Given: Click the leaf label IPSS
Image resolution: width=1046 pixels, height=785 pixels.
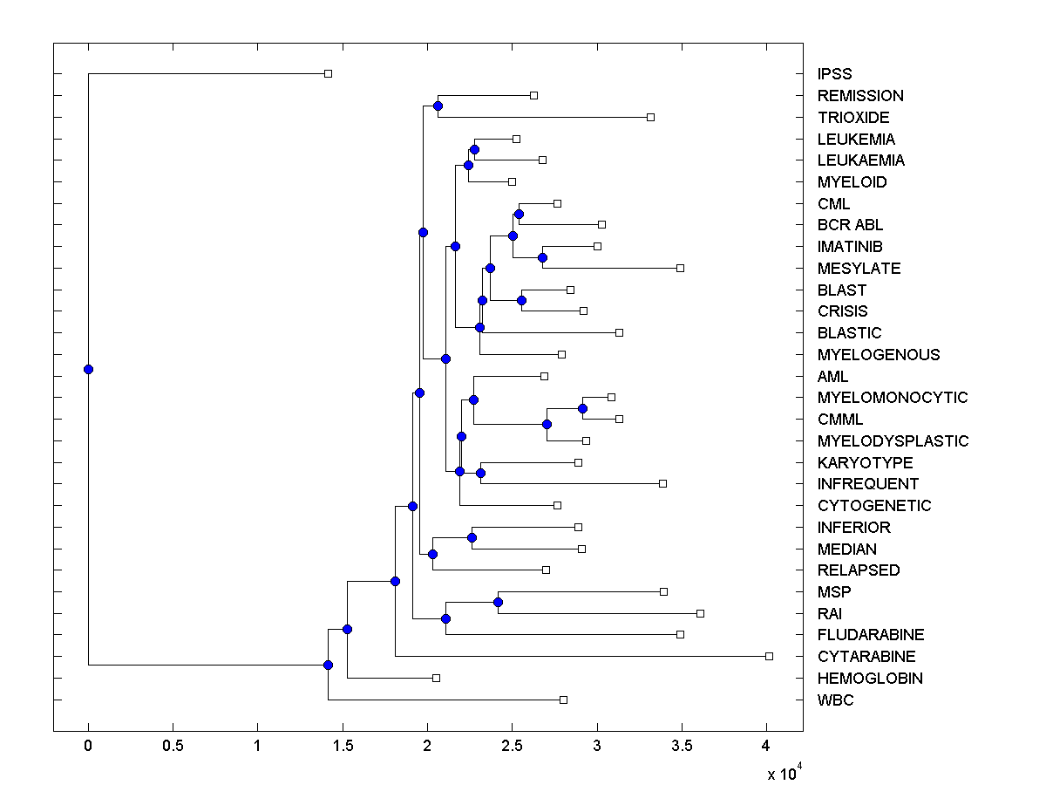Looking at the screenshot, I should tap(834, 74).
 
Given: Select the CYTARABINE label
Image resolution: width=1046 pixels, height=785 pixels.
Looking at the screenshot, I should tap(866, 657).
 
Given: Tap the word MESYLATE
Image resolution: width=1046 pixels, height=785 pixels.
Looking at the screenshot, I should tap(859, 269).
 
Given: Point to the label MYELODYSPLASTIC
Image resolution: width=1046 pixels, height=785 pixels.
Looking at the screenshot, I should tap(893, 441).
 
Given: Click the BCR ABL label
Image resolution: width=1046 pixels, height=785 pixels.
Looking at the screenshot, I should tap(850, 225).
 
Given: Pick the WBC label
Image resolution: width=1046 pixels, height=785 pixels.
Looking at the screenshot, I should tap(835, 700).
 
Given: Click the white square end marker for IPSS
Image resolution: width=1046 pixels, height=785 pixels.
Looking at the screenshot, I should tap(328, 73).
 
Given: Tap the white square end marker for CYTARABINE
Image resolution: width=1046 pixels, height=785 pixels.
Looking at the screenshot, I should tap(769, 656).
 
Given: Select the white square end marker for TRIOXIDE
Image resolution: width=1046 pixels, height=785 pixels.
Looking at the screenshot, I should tap(650, 117).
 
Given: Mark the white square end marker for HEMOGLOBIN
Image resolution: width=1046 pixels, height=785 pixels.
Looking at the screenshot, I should tap(437, 678).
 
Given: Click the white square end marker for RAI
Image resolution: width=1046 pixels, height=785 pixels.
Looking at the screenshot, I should tap(700, 613).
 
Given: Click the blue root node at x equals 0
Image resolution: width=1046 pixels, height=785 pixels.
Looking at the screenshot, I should tap(88, 369).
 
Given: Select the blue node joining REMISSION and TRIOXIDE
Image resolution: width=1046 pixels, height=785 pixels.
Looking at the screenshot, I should tap(438, 106).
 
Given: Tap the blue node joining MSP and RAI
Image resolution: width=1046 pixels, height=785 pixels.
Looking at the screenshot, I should tap(499, 602).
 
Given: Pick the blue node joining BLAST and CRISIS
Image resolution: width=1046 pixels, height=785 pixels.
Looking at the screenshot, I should tap(521, 300).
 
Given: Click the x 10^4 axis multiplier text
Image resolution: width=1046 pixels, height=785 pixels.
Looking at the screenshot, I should tap(782, 774).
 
